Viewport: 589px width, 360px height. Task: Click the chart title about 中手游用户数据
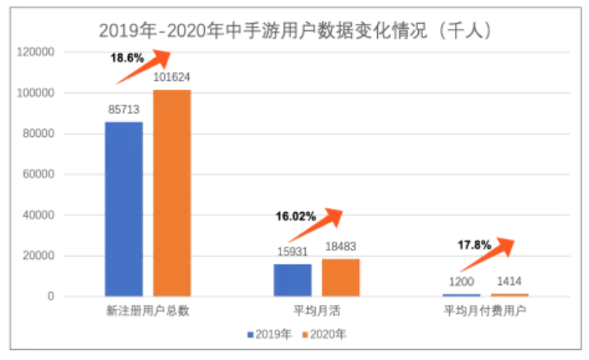tap(296, 30)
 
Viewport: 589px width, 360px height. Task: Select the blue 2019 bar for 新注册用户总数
tap(124, 209)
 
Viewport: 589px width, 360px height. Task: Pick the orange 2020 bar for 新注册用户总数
tap(172, 193)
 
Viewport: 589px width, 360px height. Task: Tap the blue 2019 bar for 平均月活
tap(293, 280)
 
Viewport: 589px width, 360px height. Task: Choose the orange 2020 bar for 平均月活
tap(340, 278)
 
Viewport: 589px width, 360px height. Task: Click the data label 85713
tap(124, 110)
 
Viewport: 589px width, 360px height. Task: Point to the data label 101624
tap(172, 78)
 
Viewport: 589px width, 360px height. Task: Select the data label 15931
tap(293, 252)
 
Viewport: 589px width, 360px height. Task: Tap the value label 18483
tap(340, 247)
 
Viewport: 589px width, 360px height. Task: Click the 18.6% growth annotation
tap(127, 58)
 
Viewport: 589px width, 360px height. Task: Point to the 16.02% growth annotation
tap(296, 215)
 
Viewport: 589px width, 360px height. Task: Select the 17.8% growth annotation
tap(474, 245)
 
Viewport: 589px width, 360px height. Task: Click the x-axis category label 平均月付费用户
tap(484, 312)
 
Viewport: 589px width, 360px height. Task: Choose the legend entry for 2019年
tap(270, 335)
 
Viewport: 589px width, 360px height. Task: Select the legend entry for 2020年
tap(324, 335)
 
